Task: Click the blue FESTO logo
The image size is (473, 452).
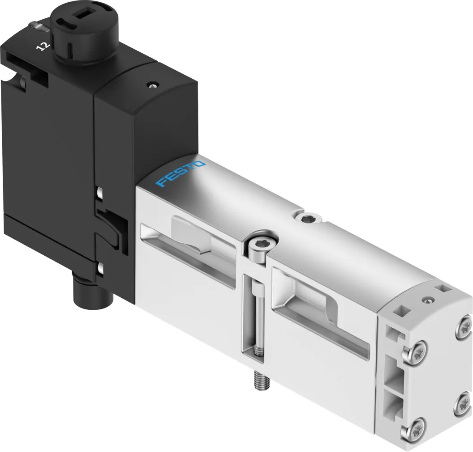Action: pos(181,174)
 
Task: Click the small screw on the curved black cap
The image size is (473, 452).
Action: pos(153,85)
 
